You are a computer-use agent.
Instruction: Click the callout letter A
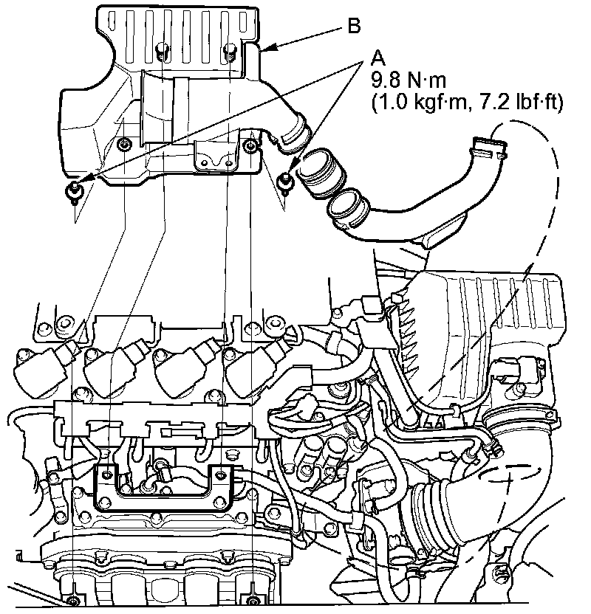(x=378, y=57)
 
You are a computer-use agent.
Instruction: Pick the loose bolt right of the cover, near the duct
(x=285, y=179)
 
